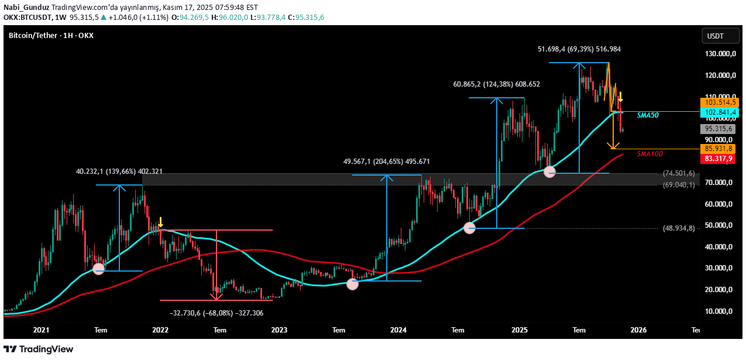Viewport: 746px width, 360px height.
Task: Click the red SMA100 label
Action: pos(649,154)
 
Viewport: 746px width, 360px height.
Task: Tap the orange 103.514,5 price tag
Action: pos(719,102)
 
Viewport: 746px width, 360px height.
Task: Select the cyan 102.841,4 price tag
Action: pos(719,112)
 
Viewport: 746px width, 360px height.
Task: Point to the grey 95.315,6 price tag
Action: pos(719,128)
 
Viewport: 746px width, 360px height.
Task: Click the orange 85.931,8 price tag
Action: pos(719,149)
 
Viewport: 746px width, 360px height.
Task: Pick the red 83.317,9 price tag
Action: pos(719,159)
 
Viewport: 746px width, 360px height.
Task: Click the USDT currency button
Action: pos(716,36)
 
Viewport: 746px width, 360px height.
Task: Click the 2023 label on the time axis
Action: pos(279,330)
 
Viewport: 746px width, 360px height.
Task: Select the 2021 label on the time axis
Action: pos(41,330)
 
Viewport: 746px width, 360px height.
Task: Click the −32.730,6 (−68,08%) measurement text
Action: pos(216,313)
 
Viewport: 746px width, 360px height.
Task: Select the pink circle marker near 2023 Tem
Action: pos(352,284)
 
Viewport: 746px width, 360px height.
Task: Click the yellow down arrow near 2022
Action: pos(160,222)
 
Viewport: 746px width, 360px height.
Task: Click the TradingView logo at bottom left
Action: pos(40,349)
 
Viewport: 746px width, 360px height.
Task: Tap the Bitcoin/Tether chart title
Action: pos(51,36)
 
